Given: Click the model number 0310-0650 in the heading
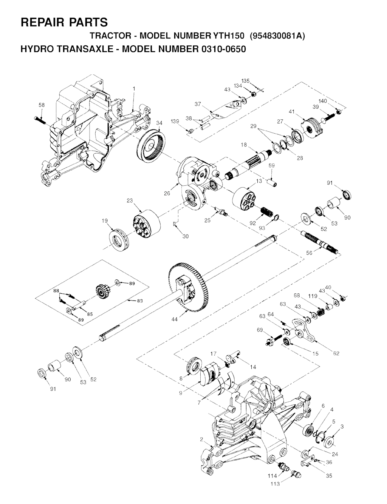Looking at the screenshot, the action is pyautogui.click(x=222, y=49).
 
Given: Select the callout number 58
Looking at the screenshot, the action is pyautogui.click(x=42, y=105).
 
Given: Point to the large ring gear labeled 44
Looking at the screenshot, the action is pyautogui.click(x=189, y=288).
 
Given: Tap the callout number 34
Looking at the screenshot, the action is pyautogui.click(x=159, y=123).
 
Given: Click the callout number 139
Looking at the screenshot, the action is pyautogui.click(x=175, y=121).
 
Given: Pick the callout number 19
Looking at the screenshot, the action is pyautogui.click(x=105, y=220).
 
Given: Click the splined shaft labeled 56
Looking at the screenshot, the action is pyautogui.click(x=319, y=243).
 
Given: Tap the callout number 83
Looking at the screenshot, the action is pyautogui.click(x=140, y=301).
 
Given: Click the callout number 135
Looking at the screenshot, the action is pyautogui.click(x=245, y=81).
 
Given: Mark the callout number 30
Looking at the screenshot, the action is pyautogui.click(x=186, y=236).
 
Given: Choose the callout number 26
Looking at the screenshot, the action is pyautogui.click(x=167, y=193).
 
